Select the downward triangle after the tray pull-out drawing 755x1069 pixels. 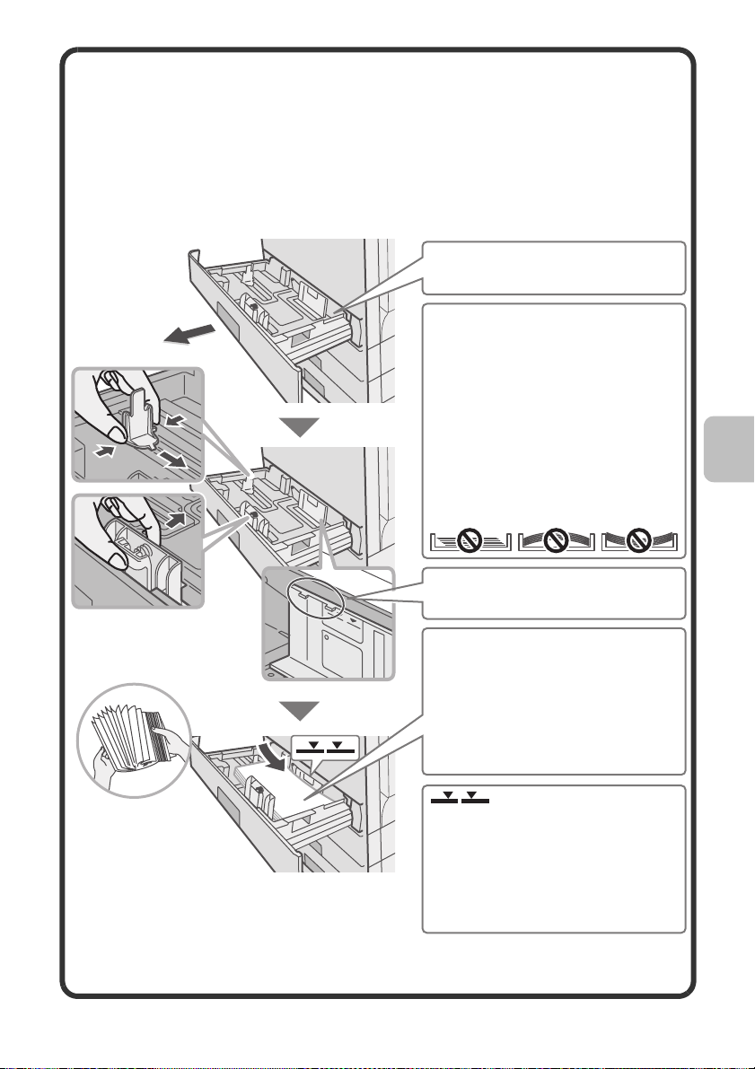[304, 425]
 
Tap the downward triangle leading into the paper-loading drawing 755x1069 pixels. [304, 712]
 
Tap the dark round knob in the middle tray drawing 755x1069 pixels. [254, 515]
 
